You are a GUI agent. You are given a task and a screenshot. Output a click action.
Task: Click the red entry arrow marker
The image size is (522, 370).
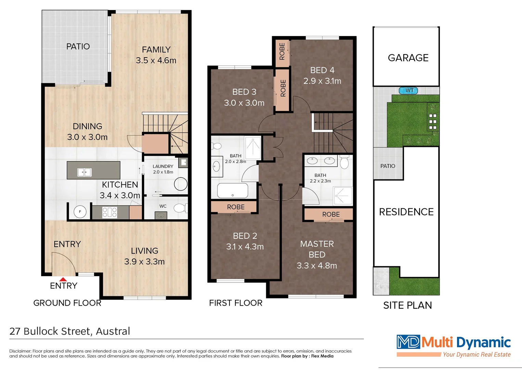coord(63,279)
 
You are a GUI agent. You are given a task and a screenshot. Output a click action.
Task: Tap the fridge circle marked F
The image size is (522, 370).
coord(80,212)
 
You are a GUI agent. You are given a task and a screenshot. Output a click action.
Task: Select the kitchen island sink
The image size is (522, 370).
coord(84,172)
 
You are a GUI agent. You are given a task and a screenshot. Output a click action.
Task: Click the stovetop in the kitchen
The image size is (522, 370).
coord(110,212)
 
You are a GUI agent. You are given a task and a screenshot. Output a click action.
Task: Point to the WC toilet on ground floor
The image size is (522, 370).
coord(180,208)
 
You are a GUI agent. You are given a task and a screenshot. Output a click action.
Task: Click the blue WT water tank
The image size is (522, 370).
coord(408,90)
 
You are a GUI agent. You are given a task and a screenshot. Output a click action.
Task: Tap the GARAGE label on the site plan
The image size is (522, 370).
coord(408,58)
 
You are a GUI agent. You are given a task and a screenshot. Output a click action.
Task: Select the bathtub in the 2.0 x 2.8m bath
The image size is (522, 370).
coord(233,190)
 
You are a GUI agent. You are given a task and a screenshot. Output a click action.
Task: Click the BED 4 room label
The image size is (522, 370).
coord(322,70)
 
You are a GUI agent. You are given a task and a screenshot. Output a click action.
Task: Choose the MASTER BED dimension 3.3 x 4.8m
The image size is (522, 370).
coord(317,266)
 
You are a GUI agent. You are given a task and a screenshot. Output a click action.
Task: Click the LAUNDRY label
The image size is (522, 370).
coord(163,166)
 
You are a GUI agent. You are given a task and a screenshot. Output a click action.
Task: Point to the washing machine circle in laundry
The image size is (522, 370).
coord(181,184)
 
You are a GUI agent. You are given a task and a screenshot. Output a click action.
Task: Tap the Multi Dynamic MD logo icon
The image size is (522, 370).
coord(408,342)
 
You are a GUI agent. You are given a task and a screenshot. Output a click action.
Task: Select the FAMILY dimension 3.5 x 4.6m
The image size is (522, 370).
coord(156,61)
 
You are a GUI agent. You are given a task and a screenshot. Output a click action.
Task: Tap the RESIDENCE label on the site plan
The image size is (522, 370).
coord(406,212)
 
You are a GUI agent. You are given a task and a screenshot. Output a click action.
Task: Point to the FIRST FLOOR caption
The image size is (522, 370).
coord(236,303)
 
